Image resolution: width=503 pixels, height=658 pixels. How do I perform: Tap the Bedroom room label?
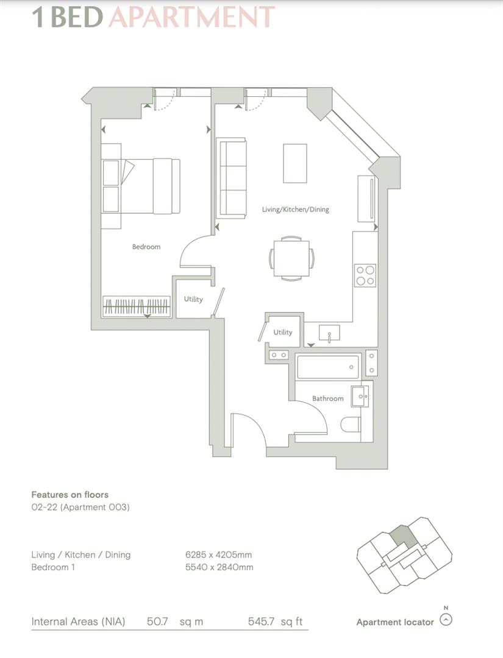(x=146, y=247)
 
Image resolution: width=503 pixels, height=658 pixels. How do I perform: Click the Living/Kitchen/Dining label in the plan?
(x=295, y=209)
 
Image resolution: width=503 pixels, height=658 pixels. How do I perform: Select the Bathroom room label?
(x=328, y=398)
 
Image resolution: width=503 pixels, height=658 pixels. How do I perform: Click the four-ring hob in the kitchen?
(x=365, y=275)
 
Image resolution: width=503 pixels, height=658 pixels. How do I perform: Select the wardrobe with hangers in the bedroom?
(x=137, y=306)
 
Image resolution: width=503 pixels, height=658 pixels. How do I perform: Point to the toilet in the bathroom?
(x=352, y=424)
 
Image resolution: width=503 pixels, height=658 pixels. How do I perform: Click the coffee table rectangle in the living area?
(x=295, y=163)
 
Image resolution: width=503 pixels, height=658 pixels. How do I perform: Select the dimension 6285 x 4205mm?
(x=219, y=555)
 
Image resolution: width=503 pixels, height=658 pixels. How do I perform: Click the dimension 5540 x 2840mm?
(x=219, y=567)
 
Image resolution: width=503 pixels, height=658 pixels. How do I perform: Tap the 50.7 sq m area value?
(x=175, y=622)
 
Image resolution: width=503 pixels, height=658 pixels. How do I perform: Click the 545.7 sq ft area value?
(x=275, y=622)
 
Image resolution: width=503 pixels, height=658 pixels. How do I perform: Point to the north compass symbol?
(x=446, y=620)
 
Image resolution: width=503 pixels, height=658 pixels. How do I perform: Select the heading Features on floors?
(x=70, y=495)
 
